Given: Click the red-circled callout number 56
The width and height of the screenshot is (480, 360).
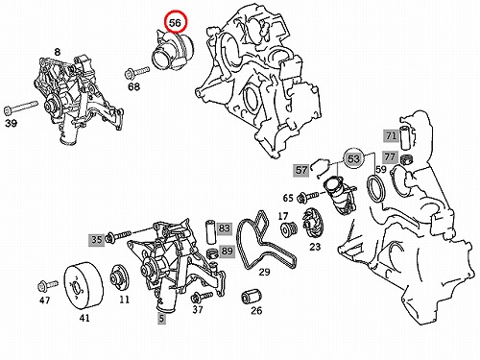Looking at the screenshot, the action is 175,22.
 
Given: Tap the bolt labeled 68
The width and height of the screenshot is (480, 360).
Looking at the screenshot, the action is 136,72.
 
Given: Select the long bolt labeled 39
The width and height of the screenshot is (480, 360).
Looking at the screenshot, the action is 21,108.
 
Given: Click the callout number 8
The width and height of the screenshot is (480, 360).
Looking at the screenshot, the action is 57,52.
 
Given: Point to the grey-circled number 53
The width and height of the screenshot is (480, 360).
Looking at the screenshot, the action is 353,158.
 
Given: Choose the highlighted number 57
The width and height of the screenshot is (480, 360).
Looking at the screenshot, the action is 301,170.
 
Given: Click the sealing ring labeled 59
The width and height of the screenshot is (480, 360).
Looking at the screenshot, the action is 376,188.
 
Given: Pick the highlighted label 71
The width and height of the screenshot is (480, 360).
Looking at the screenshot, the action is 391,136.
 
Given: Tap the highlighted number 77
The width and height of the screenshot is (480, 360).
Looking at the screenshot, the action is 390,156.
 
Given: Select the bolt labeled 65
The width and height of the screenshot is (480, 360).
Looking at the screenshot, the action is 308,197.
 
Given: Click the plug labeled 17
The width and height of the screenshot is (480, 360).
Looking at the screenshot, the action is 288,229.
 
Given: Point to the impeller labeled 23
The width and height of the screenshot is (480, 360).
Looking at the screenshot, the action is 311,222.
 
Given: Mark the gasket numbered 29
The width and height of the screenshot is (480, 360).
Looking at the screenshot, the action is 265,239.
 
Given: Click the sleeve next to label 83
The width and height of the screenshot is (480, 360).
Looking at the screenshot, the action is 210,232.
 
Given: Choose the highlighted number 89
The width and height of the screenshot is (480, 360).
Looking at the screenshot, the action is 227,252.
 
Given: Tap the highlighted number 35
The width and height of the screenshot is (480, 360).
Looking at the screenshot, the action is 97,239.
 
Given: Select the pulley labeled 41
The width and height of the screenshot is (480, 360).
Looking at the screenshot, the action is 84,285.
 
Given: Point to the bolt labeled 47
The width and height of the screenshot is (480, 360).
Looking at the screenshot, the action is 48,285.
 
